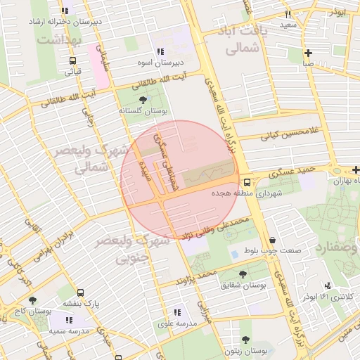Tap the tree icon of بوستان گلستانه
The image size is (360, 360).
click(143, 100)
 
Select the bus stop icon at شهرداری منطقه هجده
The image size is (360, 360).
click(245, 182)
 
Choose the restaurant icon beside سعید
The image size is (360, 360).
click(288, 14)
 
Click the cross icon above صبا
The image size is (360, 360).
click(308, 53)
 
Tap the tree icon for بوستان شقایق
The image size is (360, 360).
click(243, 274)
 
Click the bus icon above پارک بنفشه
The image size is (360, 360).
click(79, 292)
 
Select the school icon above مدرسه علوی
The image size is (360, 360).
click(176, 312)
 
